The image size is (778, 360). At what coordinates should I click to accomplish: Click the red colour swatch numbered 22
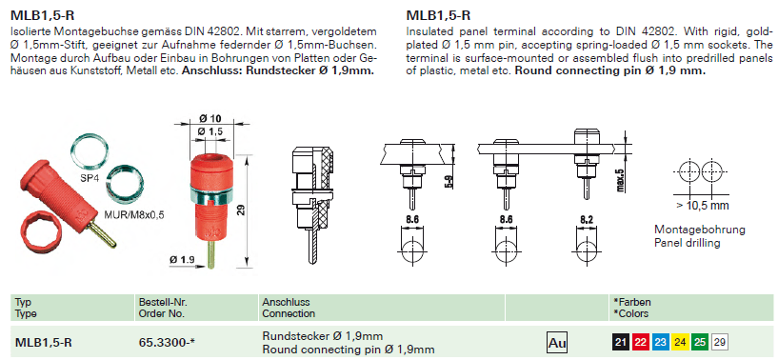[x=641, y=342]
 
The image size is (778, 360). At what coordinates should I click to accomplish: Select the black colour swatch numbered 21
[x=620, y=342]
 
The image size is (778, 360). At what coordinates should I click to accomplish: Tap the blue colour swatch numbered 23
[x=661, y=342]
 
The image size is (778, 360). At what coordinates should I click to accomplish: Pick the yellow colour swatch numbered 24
[x=680, y=342]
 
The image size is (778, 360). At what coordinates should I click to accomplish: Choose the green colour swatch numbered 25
[x=700, y=342]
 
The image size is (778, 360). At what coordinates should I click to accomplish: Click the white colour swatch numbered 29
[x=720, y=342]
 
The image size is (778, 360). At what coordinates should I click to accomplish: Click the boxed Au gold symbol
[x=557, y=342]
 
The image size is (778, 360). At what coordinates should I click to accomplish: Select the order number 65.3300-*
[x=167, y=342]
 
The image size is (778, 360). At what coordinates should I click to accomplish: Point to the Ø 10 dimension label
[x=210, y=118]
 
